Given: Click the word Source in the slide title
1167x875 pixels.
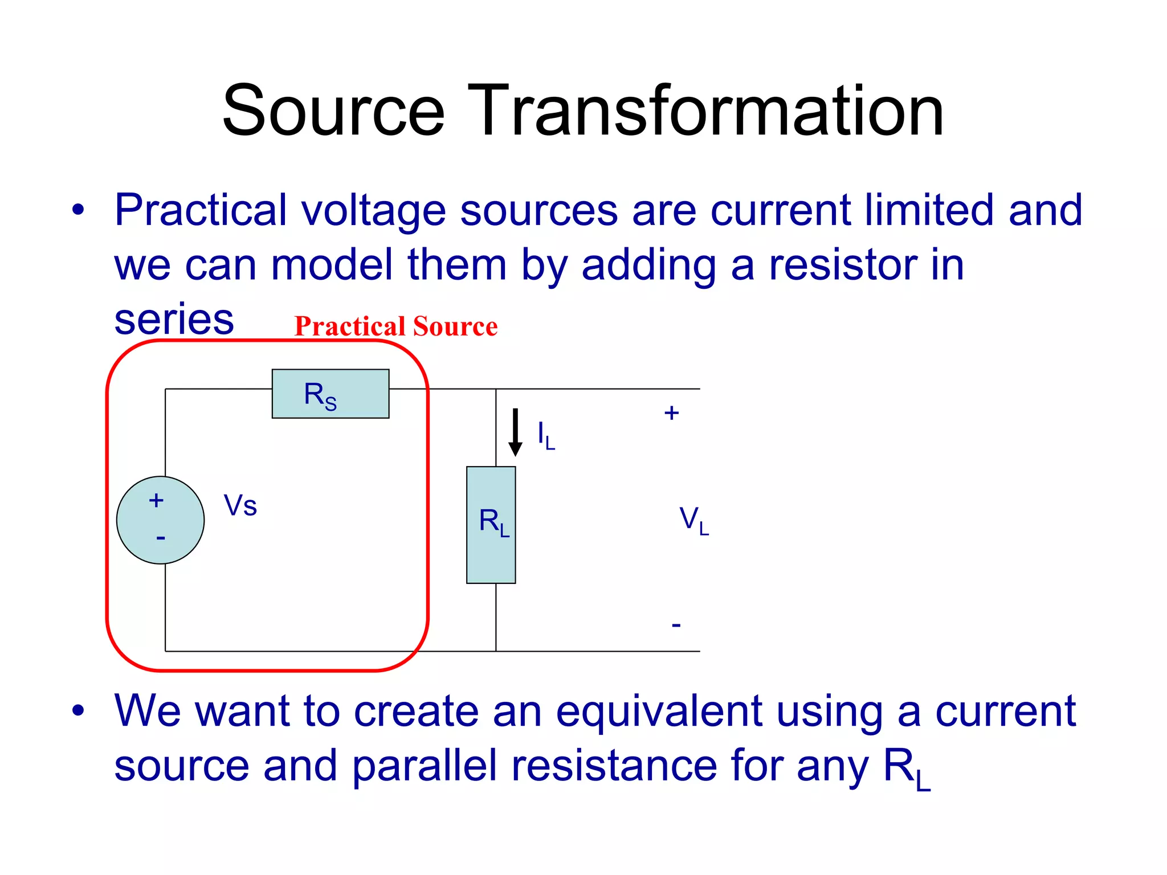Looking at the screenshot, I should [333, 111].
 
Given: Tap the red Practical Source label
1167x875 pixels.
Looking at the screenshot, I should [395, 326].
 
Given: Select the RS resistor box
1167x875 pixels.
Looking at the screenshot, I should [330, 394].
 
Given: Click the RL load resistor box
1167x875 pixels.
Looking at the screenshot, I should [491, 525].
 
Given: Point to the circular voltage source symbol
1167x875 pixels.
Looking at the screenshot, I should [160, 520].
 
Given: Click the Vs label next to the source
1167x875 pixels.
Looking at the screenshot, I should [240, 505].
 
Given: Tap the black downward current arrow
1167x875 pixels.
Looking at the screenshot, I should [515, 432].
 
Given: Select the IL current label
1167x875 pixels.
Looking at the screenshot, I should [545, 436].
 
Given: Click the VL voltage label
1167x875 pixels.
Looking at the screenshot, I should [693, 521].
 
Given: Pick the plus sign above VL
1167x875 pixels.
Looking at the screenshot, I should [671, 413].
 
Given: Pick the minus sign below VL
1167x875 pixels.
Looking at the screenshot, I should [676, 625].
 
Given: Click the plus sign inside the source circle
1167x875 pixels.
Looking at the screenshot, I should [156, 501].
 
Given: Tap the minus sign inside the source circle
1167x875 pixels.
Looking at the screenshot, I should [161, 538].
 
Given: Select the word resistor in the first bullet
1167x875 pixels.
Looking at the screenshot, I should [843, 265].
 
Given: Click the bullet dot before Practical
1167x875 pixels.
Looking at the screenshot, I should [78, 210].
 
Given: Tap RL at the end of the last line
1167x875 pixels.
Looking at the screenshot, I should [906, 769].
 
